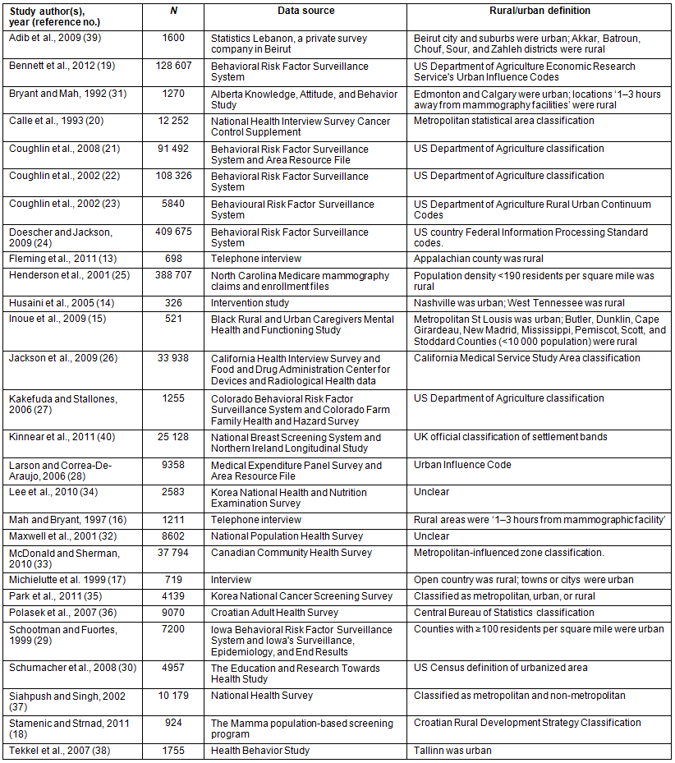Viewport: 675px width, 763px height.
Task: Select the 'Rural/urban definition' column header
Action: point(542,11)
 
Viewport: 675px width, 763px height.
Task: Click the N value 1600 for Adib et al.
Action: point(173,38)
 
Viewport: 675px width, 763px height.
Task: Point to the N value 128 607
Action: point(173,66)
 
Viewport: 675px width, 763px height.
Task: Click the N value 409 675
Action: point(173,232)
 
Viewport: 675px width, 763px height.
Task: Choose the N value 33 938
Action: point(173,358)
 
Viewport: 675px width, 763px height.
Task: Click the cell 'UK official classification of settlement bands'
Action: point(511,436)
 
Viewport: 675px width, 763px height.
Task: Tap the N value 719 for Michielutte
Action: point(173,580)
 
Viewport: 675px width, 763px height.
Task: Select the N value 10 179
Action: point(173,696)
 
